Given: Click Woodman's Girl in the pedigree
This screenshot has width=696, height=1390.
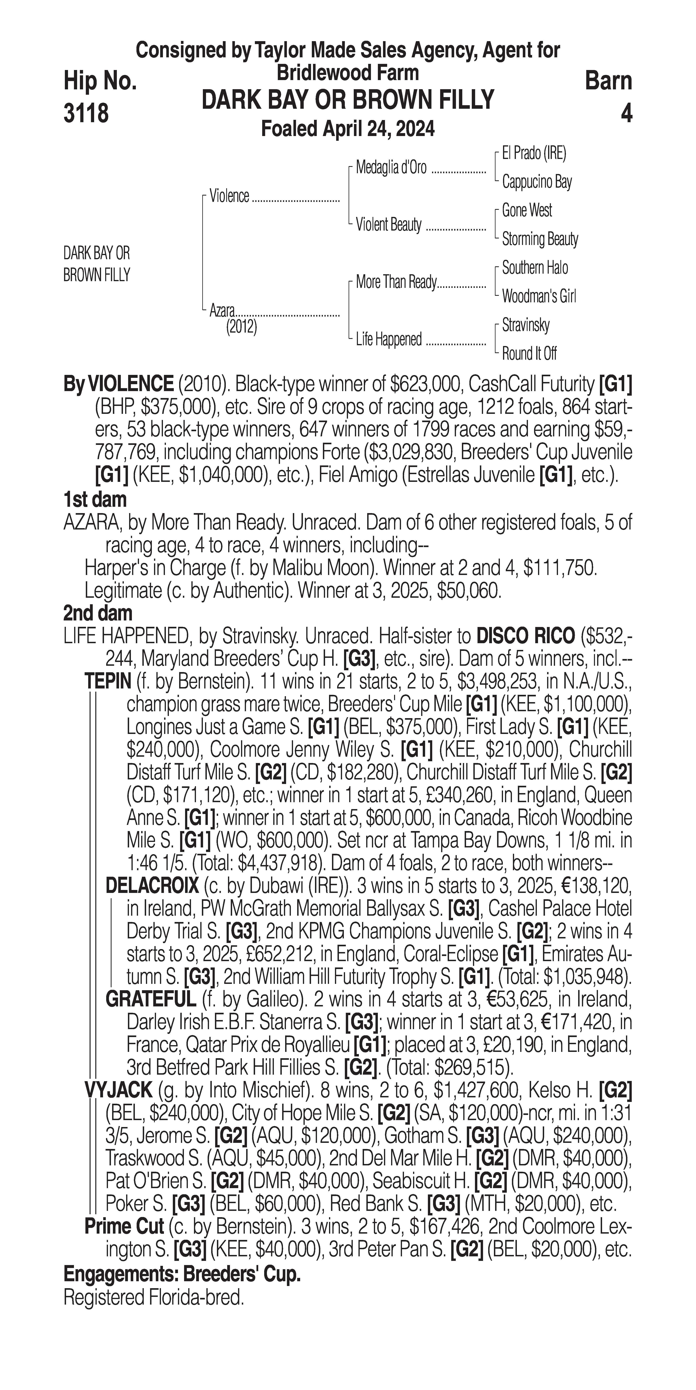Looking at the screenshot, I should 538,296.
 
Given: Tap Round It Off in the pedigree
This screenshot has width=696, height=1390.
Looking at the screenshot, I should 529,354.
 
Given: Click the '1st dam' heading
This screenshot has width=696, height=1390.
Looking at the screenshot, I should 95,500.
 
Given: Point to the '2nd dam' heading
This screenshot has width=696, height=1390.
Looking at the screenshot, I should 98,614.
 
